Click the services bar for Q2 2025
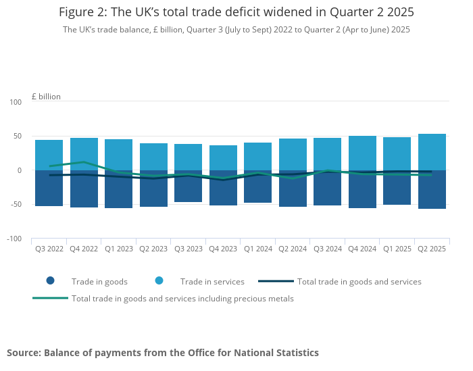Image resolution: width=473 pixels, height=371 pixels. pyautogui.click(x=432, y=151)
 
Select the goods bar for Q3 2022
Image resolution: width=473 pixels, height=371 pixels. pyautogui.click(x=49, y=189)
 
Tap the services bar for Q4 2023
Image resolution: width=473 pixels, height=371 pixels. pyautogui.click(x=223, y=157)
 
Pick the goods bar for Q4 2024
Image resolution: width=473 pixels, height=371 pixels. pyautogui.click(x=362, y=190)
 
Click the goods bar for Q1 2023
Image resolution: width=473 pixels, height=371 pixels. pyautogui.click(x=118, y=190)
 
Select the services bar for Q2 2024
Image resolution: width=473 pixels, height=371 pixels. pyautogui.click(x=293, y=154)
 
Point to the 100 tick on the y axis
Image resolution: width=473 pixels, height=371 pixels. pyautogui.click(x=16, y=102)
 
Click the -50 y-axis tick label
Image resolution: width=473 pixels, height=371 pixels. pyautogui.click(x=15, y=205)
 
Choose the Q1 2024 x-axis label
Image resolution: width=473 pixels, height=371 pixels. pyautogui.click(x=258, y=249)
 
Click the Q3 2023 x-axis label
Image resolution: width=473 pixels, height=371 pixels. pyautogui.click(x=189, y=249)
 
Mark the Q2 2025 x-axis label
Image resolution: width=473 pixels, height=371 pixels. pyautogui.click(x=432, y=249)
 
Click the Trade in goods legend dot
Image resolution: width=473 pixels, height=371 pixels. pyautogui.click(x=50, y=281)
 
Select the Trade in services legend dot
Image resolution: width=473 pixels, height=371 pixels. pyautogui.click(x=159, y=281)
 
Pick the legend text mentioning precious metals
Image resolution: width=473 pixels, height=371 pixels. pyautogui.click(x=182, y=298)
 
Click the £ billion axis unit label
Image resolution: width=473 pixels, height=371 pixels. pyautogui.click(x=46, y=97)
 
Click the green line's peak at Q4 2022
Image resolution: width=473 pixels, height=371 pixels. pyautogui.click(x=84, y=162)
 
